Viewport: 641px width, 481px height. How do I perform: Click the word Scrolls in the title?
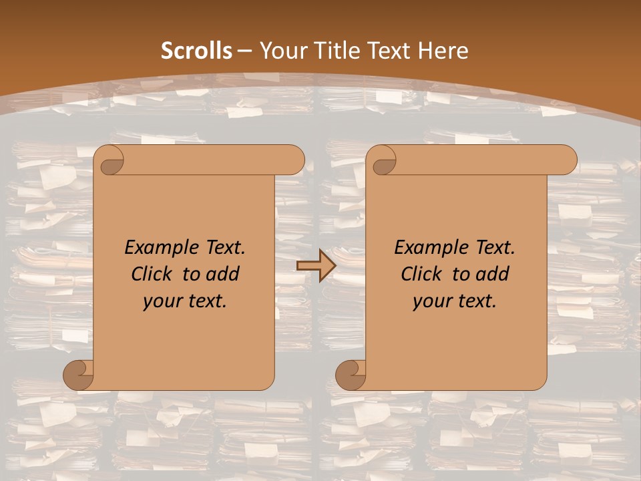pos(197,51)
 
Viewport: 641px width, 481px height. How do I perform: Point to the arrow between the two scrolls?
pos(316,265)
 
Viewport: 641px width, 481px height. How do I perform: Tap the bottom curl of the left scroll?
pos(79,375)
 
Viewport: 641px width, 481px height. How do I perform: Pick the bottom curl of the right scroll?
pos(351,375)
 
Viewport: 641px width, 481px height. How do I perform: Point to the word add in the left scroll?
pos(222,274)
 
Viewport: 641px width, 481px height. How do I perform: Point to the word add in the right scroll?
pos(492,274)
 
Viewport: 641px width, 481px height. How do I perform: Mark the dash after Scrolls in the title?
pos(244,51)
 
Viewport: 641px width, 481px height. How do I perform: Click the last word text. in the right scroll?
pos(475,301)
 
